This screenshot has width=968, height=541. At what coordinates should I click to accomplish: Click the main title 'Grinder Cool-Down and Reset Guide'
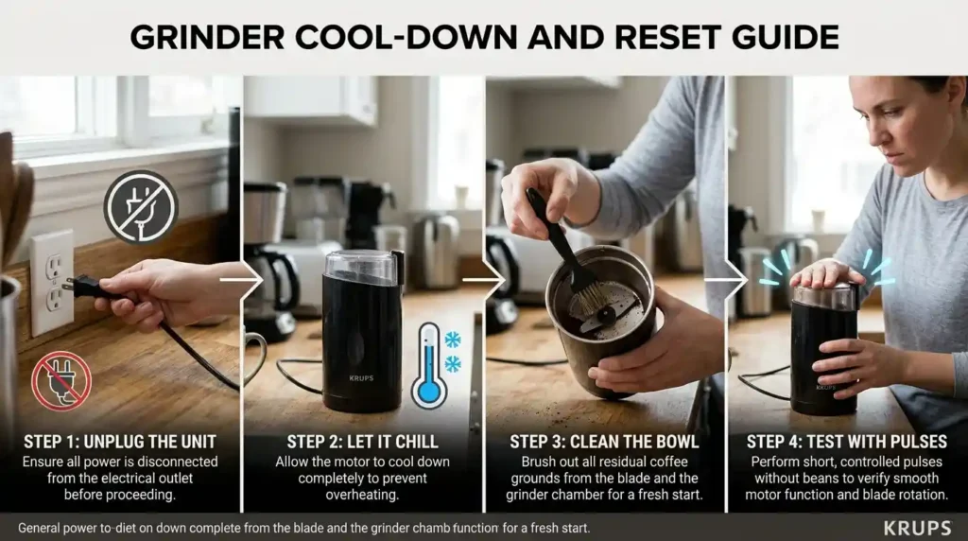click(x=484, y=37)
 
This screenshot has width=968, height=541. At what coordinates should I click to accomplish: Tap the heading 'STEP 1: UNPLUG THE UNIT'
click(x=121, y=442)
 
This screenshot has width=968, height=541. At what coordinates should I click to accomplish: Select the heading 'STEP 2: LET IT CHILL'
click(x=362, y=442)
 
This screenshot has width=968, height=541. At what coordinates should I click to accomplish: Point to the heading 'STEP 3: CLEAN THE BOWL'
click(x=605, y=442)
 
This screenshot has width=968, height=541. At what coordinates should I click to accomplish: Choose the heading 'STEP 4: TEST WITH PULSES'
click(x=846, y=442)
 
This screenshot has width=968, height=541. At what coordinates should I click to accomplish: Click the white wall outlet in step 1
click(x=51, y=282)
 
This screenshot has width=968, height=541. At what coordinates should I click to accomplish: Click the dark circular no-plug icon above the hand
click(x=140, y=207)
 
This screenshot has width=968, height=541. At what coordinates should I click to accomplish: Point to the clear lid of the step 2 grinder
click(x=363, y=268)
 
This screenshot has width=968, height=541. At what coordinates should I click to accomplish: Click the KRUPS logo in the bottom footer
click(x=917, y=528)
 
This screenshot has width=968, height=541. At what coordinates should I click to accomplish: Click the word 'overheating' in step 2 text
click(x=362, y=494)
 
